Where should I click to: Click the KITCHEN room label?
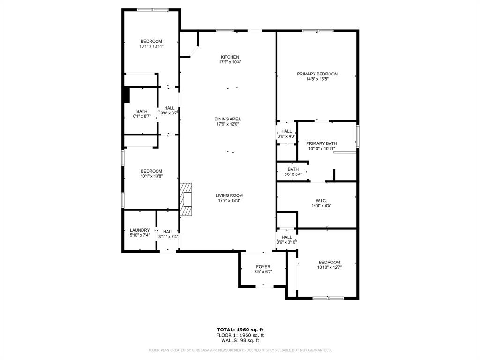[230, 57]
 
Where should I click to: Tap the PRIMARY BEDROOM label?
[317, 74]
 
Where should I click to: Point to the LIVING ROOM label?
[229, 195]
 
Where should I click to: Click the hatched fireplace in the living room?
[186, 199]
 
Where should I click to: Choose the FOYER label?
[263, 267]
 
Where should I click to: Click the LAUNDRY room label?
[140, 230]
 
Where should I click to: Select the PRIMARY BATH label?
[321, 143]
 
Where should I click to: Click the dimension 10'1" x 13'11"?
[151, 46]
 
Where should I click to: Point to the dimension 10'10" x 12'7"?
[330, 267]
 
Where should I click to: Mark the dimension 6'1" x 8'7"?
[142, 116]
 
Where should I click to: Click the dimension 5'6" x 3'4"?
[293, 174]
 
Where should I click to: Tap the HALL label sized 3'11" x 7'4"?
[168, 232]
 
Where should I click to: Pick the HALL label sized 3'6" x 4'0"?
[286, 131]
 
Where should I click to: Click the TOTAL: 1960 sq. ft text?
[240, 329]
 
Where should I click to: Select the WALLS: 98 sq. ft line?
[240, 340]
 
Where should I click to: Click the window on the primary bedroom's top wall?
[317, 31]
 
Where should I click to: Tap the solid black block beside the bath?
[126, 94]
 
